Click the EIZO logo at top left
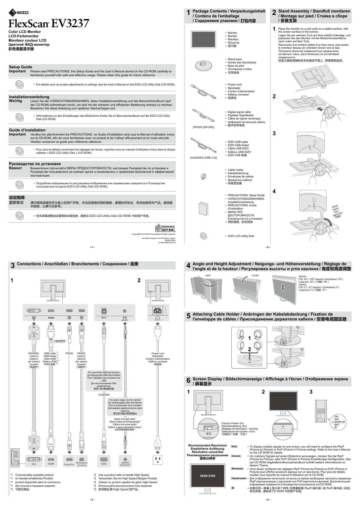pyautogui.click(x=19, y=12)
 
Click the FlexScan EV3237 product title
pyautogui.click(x=49, y=24)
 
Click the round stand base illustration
pyautogui.click(x=203, y=66)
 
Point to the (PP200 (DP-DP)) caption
pyautogui.click(x=203, y=127)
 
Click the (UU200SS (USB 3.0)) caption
pyautogui.click(x=203, y=158)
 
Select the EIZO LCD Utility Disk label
pyautogui.click(x=241, y=236)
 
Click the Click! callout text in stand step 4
pyautogui.click(x=335, y=206)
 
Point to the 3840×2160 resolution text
pyautogui.click(x=207, y=476)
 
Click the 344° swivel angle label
pyautogui.click(x=208, y=276)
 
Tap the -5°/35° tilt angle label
pyautogui.click(x=255, y=276)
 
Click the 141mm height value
pyautogui.click(x=302, y=277)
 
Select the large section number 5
pyautogui.click(x=188, y=316)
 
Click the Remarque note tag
pyautogui.click(x=237, y=468)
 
